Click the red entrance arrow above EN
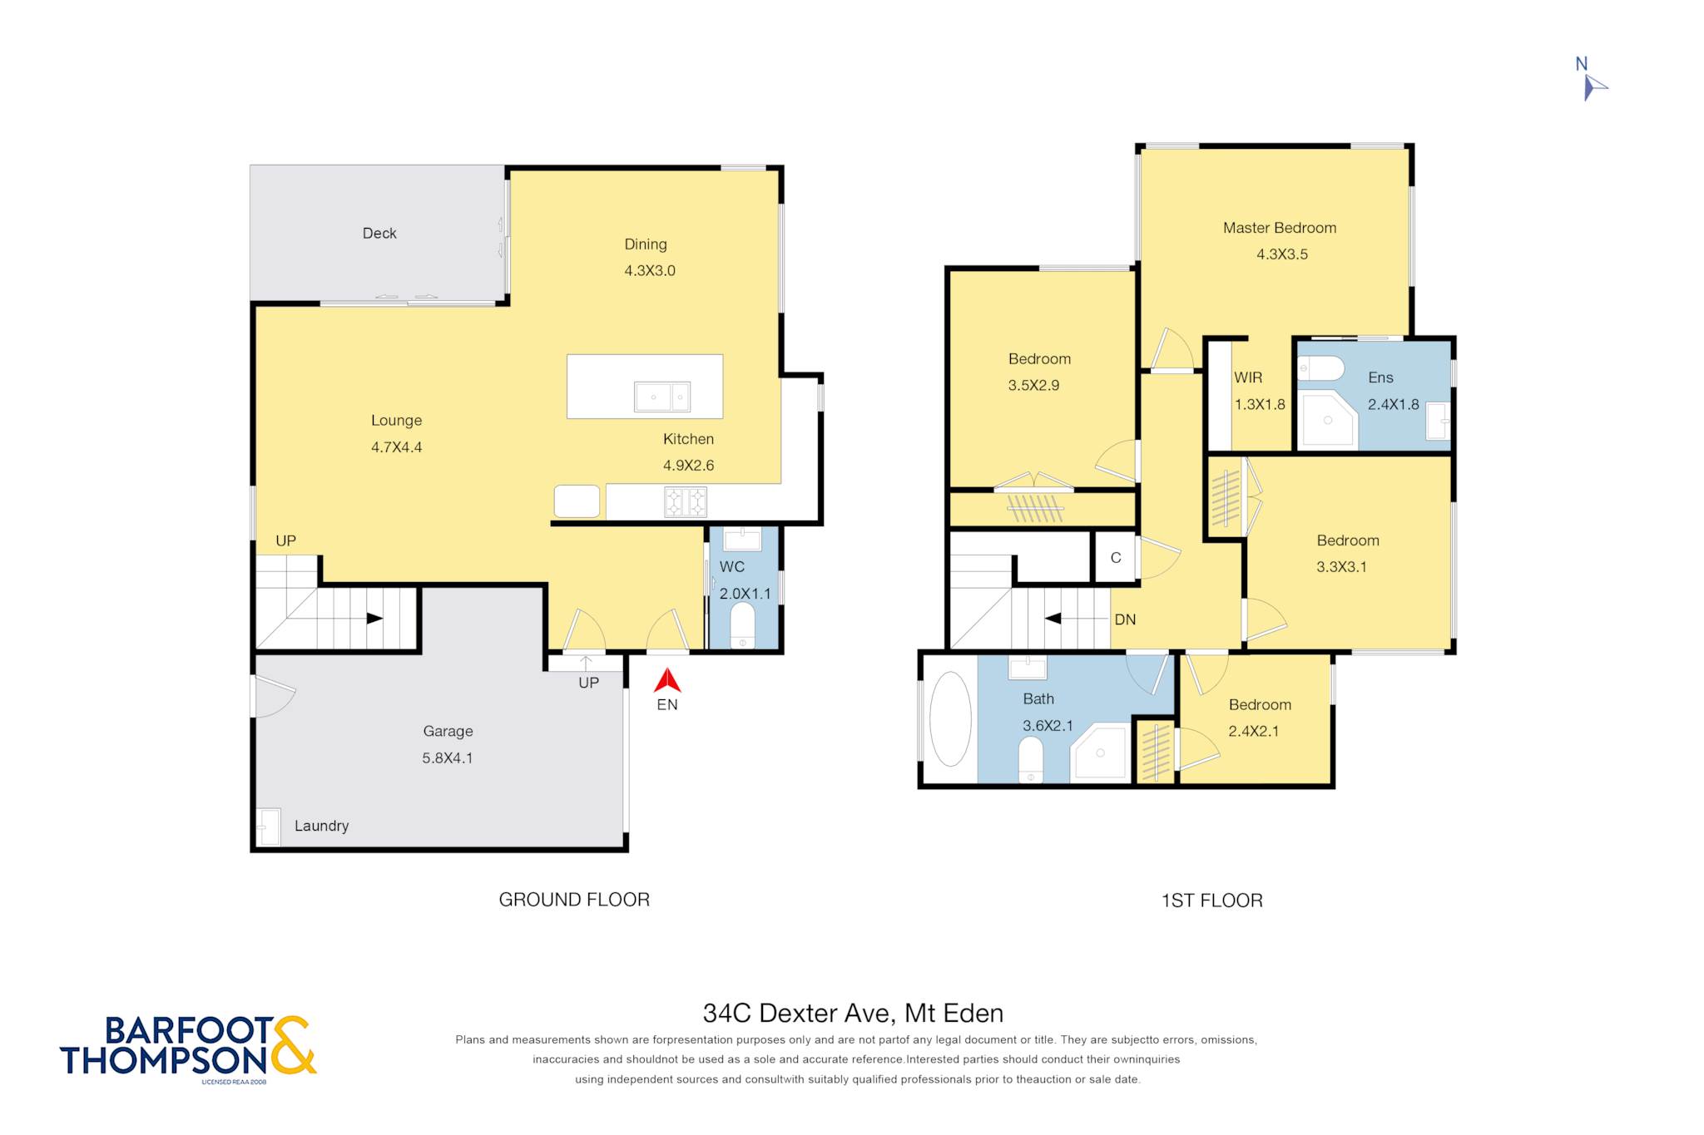coord(667,681)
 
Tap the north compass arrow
coord(1595,87)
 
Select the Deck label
coord(379,234)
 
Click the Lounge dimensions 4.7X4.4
coord(397,447)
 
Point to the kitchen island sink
coord(662,397)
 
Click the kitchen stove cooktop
coord(686,502)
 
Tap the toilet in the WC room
coord(742,625)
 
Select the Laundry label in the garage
coord(321,826)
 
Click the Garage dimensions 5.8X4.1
coord(448,758)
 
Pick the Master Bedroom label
coord(1280,228)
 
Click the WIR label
coord(1248,378)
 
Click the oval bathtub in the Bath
coord(950,719)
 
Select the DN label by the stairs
coord(1125,619)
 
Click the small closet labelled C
coord(1116,558)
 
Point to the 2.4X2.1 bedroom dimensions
coord(1254,732)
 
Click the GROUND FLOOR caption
coord(574,900)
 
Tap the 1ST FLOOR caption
coord(1212,901)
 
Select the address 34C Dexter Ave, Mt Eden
coord(853,1013)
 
